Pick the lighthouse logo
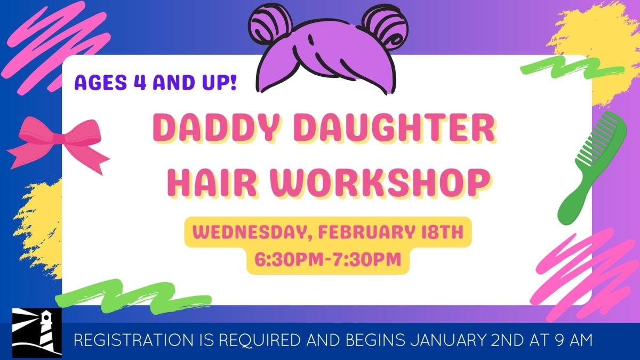point(37,333)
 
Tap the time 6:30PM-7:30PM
point(327,260)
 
